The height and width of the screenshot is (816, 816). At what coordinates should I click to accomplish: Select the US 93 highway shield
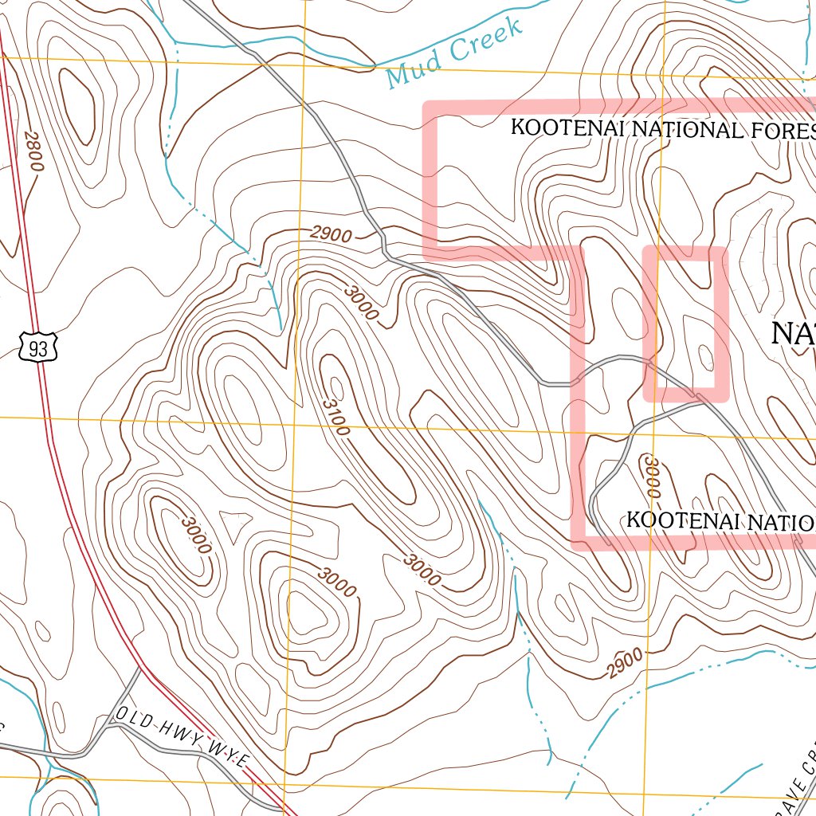pos(37,347)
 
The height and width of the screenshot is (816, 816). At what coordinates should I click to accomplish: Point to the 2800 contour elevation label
pos(33,151)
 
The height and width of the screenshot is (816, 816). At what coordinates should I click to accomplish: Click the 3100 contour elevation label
pos(335,417)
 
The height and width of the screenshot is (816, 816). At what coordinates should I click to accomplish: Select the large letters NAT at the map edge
pos(793,333)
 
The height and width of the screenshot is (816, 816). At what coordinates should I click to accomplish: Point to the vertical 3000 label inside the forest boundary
pos(652,476)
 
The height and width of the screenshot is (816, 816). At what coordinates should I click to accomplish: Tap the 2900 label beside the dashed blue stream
pos(624,664)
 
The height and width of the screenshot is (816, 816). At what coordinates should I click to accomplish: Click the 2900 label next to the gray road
pos(331,234)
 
